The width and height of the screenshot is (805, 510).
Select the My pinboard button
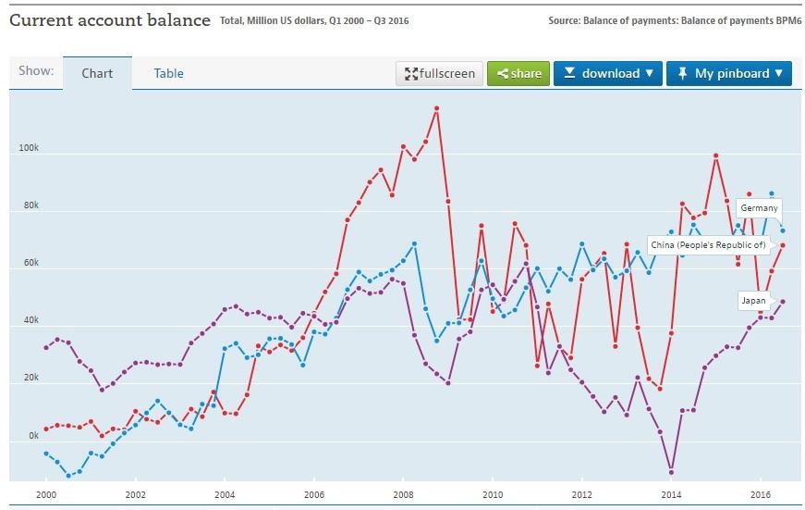pos(728,73)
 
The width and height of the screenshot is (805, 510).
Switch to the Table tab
pos(168,73)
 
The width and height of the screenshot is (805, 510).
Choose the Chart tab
pos(97,73)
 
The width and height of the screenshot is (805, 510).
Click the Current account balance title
pos(109,19)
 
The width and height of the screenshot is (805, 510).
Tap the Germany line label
pos(759,208)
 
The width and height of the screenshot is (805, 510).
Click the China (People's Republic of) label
pos(708,244)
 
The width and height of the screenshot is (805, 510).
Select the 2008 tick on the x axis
pos(403,495)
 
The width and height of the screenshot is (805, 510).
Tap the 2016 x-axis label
pos(758,495)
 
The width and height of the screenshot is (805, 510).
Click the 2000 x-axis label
pos(46,495)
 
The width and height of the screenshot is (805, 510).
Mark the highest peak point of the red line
pos(436,108)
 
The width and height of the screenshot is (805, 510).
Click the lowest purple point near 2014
pos(671,471)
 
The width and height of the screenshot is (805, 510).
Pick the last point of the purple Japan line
pos(783,301)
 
